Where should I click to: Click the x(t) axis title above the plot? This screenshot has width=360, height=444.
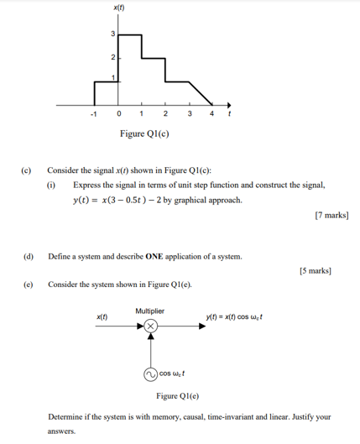tap(117, 8)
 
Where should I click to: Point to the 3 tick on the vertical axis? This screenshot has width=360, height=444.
tap(112, 34)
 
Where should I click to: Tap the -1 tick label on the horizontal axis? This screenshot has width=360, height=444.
tap(95, 113)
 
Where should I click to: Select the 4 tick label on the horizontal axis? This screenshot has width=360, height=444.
tap(211, 113)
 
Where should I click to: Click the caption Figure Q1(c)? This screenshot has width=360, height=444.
tap(143, 133)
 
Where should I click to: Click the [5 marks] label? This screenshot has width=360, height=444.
tap(315, 270)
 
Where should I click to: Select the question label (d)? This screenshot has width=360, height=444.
tap(27, 255)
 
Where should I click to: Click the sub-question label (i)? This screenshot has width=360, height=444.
tap(51, 185)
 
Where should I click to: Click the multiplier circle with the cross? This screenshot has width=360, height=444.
tap(150, 325)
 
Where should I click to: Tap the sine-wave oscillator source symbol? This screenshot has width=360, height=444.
tap(150, 374)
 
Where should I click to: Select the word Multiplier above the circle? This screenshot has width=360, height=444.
tap(150, 311)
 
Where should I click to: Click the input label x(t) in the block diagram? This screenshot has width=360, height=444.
tap(101, 316)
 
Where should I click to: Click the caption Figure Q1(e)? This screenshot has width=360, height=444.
tap(177, 394)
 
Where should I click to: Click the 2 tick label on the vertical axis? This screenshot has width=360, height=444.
tap(112, 57)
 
